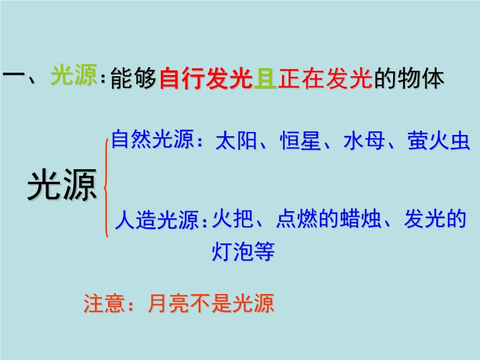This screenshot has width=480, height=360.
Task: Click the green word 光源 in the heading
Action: tap(74, 75)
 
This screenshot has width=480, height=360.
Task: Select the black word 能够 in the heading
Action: tap(133, 78)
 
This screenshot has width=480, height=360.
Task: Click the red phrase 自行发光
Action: tap(206, 78)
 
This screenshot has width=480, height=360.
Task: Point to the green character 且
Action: tap(265, 78)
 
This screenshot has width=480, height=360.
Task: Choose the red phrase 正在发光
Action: tap(325, 78)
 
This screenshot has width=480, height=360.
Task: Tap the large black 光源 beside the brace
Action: tap(62, 185)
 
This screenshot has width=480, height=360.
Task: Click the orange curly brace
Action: tap(105, 187)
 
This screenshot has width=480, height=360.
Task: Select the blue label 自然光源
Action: tap(153, 139)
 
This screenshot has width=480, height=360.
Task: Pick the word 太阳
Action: tap(236, 141)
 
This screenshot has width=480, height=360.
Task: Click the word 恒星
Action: tap(301, 141)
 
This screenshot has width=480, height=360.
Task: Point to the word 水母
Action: tap(364, 141)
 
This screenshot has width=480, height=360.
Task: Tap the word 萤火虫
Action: tap(439, 141)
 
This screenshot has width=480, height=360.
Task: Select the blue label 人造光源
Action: tap(157, 220)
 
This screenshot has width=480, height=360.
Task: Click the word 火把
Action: tap(233, 218)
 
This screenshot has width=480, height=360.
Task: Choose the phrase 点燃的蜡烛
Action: tap(328, 218)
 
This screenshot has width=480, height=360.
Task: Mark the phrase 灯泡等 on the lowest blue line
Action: tap(243, 251)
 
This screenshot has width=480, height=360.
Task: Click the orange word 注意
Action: tap(104, 304)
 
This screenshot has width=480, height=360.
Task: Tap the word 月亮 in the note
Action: tap(169, 304)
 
